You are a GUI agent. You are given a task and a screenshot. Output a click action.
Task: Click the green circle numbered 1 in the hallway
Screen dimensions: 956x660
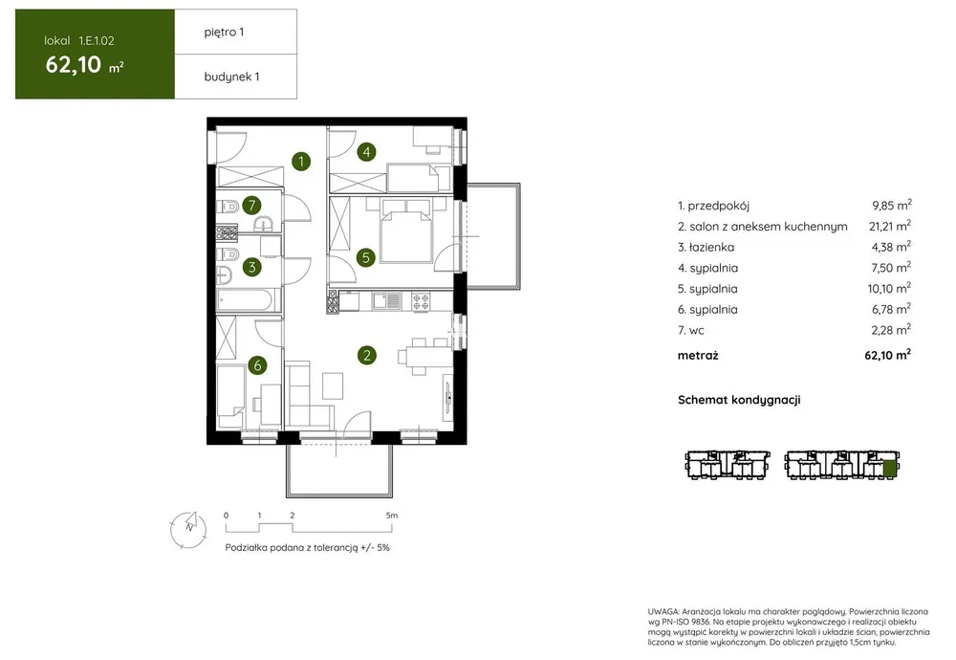coord(301,162)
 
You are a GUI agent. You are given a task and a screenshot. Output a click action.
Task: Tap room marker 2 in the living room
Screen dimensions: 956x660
coord(366,355)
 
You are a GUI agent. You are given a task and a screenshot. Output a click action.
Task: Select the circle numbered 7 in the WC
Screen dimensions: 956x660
coord(251,205)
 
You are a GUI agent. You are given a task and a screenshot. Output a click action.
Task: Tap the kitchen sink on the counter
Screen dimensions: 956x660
coord(386,300)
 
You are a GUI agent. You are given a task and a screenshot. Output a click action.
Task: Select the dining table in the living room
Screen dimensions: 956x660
coord(419,356)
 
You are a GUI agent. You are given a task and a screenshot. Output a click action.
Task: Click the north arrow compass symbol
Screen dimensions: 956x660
coord(189,529)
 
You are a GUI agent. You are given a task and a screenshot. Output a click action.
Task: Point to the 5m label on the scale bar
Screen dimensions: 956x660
coord(391,516)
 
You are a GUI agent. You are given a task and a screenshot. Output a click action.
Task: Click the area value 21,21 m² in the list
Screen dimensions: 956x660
coord(889,226)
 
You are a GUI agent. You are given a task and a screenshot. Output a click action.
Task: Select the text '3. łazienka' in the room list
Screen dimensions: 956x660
coord(706,247)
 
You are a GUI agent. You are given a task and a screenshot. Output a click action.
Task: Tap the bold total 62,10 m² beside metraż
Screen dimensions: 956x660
coord(888,355)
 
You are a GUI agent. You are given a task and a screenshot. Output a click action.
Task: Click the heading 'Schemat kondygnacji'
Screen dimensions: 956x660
coord(739,400)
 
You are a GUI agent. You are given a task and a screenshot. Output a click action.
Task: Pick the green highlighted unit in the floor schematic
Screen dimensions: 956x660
coord(889,469)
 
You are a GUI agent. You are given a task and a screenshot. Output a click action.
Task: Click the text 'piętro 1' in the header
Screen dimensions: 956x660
coord(224,33)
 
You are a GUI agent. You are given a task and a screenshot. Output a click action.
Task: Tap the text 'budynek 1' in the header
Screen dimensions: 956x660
coord(231,77)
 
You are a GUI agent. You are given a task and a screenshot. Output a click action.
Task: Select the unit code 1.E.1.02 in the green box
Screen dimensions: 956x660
coord(97,41)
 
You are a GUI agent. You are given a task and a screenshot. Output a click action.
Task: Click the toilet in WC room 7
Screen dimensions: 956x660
coord(228,208)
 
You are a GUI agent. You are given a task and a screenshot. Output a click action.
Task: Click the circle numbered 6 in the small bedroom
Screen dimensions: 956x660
coord(257,365)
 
